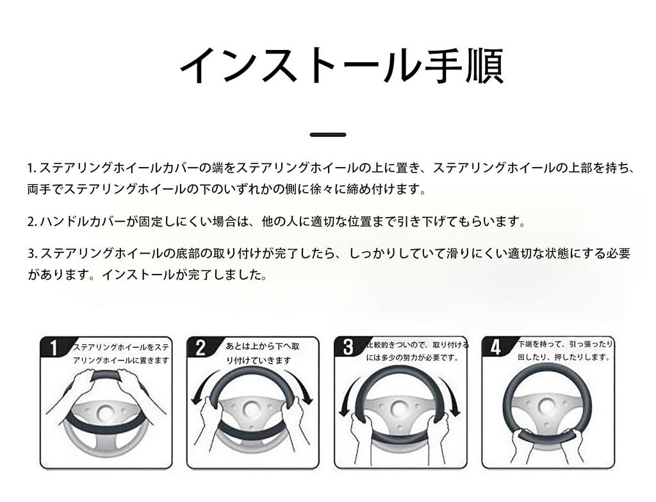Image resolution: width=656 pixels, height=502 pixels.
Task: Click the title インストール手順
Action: [340, 65]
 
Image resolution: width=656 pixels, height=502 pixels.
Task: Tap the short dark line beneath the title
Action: [327, 134]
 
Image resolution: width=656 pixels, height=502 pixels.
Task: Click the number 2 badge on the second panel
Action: [201, 348]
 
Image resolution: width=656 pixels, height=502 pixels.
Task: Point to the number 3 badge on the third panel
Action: [348, 347]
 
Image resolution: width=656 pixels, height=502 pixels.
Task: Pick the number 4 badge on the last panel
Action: [495, 347]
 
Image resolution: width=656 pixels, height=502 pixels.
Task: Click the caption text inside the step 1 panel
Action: [121, 353]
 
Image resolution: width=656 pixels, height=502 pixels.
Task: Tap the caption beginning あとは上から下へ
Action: [262, 353]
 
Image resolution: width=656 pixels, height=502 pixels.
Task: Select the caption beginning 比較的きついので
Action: [416, 351]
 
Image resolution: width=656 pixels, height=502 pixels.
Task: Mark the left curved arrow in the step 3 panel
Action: [347, 397]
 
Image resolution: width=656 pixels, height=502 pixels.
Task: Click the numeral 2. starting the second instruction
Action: [32, 222]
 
